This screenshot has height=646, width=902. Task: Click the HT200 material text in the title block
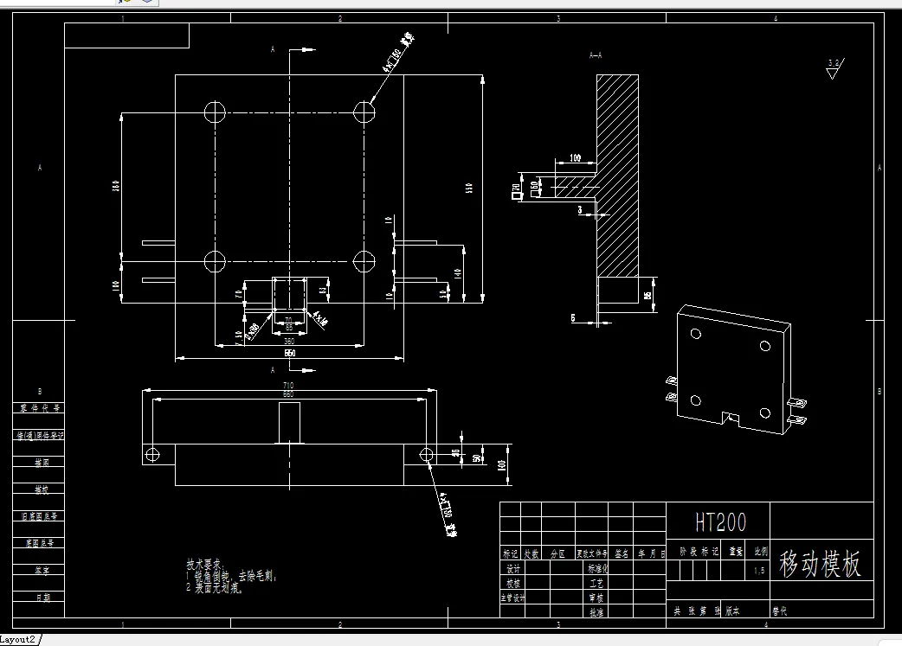click(x=720, y=521)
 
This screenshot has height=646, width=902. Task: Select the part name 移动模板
click(x=820, y=564)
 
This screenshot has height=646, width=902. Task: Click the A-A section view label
click(x=595, y=55)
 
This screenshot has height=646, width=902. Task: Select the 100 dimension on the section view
click(x=576, y=159)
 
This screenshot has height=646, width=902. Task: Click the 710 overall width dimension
click(x=289, y=385)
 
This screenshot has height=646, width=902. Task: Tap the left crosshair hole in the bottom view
click(x=152, y=454)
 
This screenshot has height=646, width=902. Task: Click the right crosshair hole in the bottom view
click(x=426, y=454)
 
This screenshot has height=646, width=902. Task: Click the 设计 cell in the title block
click(x=513, y=569)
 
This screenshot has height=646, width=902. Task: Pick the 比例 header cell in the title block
click(x=759, y=551)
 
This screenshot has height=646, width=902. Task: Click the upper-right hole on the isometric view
click(x=765, y=346)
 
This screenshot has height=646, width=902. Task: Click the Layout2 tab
click(x=18, y=639)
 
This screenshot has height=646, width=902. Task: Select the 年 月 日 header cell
click(x=650, y=553)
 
